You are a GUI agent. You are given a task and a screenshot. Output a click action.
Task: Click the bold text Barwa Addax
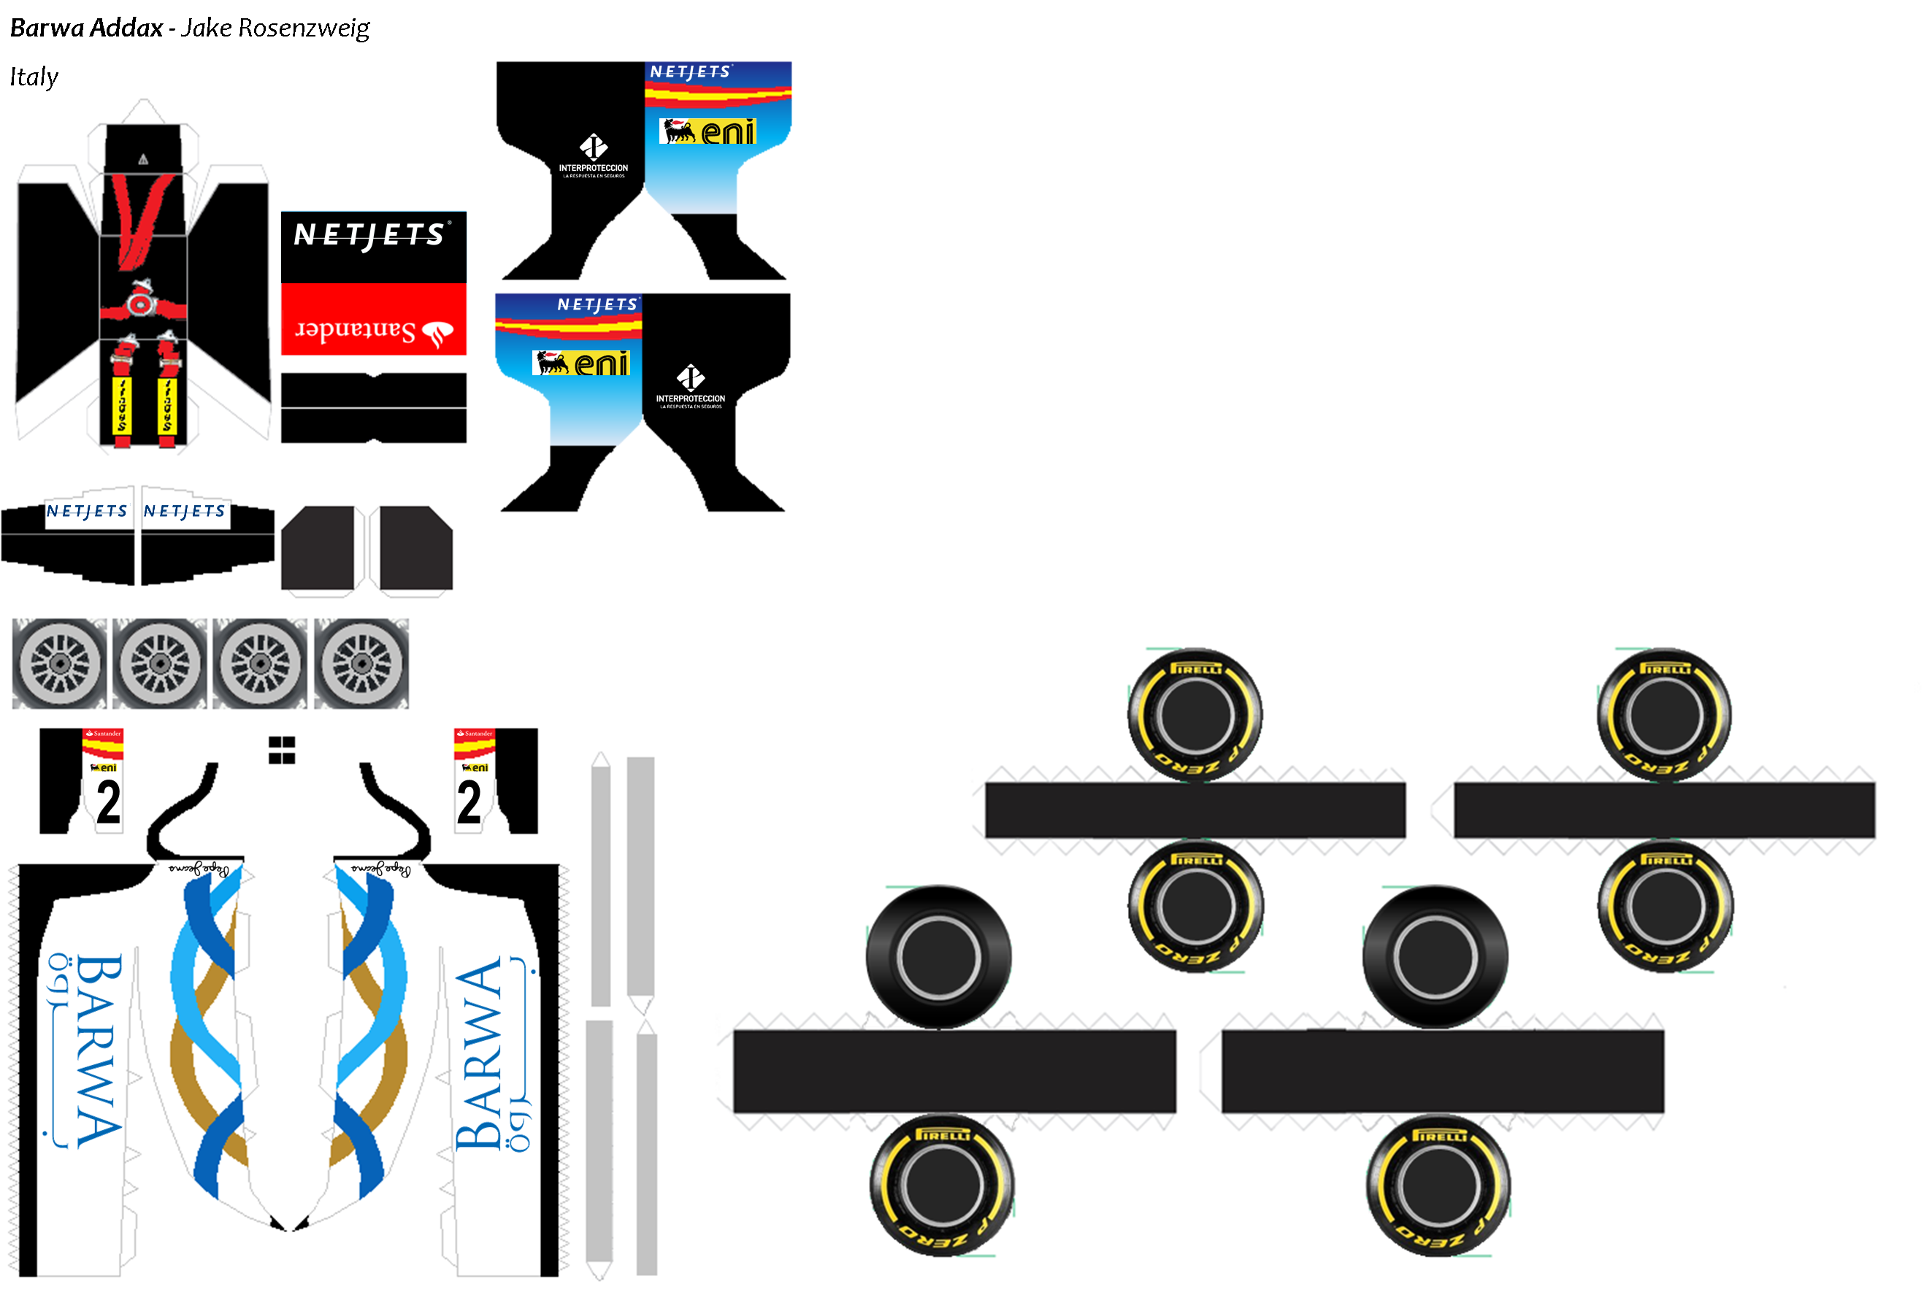coord(85,28)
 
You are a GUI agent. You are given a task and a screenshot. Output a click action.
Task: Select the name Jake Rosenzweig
coord(275,28)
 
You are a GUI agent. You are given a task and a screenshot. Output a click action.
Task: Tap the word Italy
coord(34,77)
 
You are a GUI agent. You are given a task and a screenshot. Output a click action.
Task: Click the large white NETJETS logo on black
coord(372,235)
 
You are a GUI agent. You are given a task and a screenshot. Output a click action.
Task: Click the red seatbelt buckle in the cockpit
coord(140,304)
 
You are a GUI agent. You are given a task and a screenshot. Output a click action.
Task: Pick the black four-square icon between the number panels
coord(282,750)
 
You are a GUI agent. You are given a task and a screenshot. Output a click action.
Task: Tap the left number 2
coord(108,802)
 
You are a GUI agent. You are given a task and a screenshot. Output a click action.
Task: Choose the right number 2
coord(469,802)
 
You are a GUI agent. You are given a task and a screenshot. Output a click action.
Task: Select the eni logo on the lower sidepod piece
coord(581,363)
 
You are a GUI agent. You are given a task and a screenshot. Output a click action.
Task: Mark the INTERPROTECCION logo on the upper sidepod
coord(594,155)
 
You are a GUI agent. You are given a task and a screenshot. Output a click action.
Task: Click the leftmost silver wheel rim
coord(59,663)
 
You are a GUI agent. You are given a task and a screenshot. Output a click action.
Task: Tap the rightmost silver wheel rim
coord(361,663)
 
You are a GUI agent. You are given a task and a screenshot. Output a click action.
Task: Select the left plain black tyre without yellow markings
coord(938,956)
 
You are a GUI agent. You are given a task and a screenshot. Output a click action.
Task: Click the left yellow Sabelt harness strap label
coord(122,404)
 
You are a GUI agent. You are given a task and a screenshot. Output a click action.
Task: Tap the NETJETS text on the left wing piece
coord(86,511)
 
